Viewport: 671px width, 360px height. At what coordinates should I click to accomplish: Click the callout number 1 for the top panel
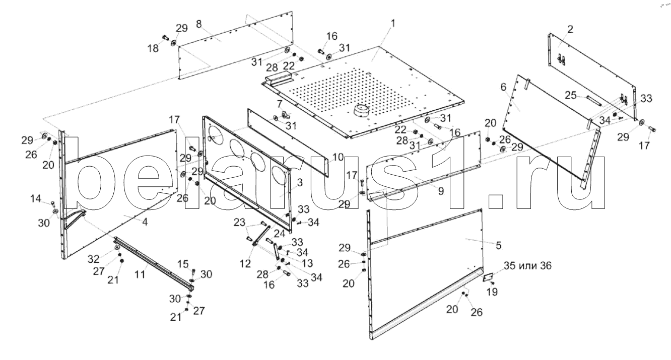click(x=393, y=23)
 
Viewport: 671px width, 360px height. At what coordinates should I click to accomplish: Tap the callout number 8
click(x=199, y=24)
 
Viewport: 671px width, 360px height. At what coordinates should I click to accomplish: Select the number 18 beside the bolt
click(x=153, y=48)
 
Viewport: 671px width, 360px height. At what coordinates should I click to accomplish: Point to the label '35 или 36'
click(x=527, y=266)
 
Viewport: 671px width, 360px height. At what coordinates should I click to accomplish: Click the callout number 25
click(x=571, y=95)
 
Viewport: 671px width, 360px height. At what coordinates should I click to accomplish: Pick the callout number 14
click(x=36, y=198)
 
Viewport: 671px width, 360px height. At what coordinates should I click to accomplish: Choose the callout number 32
click(x=94, y=259)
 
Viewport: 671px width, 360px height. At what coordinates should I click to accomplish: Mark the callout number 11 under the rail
click(x=140, y=274)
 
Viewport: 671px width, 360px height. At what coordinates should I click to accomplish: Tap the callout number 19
click(x=492, y=292)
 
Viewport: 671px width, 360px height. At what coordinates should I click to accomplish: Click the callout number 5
click(x=498, y=245)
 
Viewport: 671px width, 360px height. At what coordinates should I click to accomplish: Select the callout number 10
click(x=338, y=157)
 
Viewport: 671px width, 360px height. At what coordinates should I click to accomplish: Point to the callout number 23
click(x=239, y=222)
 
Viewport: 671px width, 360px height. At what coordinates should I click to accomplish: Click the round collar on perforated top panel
click(x=361, y=110)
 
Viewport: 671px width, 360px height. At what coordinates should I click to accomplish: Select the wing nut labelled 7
click(x=284, y=115)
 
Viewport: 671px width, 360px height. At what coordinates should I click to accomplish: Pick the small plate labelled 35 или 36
click(x=488, y=277)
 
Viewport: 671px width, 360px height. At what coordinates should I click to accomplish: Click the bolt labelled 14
click(x=53, y=204)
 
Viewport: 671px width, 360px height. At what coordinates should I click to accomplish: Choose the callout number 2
click(x=570, y=29)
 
